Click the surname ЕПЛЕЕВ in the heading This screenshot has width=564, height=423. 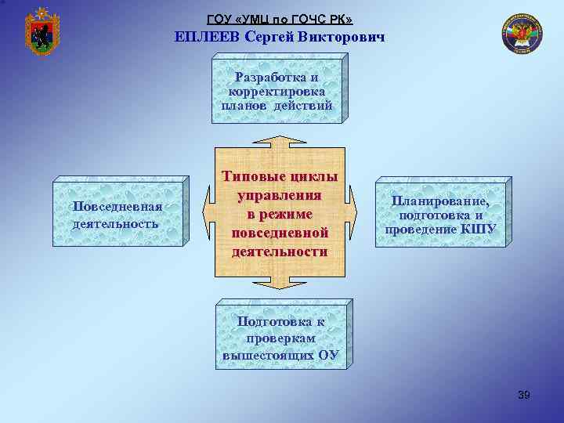tap(208, 36)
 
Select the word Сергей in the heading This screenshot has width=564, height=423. tap(273, 36)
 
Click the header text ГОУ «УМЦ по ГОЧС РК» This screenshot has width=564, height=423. tap(280, 18)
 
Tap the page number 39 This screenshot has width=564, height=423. tap(524, 395)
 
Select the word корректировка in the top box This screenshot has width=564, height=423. tap(277, 92)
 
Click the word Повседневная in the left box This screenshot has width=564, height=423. tap(117, 206)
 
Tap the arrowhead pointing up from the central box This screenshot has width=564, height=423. tap(280, 140)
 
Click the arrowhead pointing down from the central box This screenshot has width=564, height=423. tap(280, 285)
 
